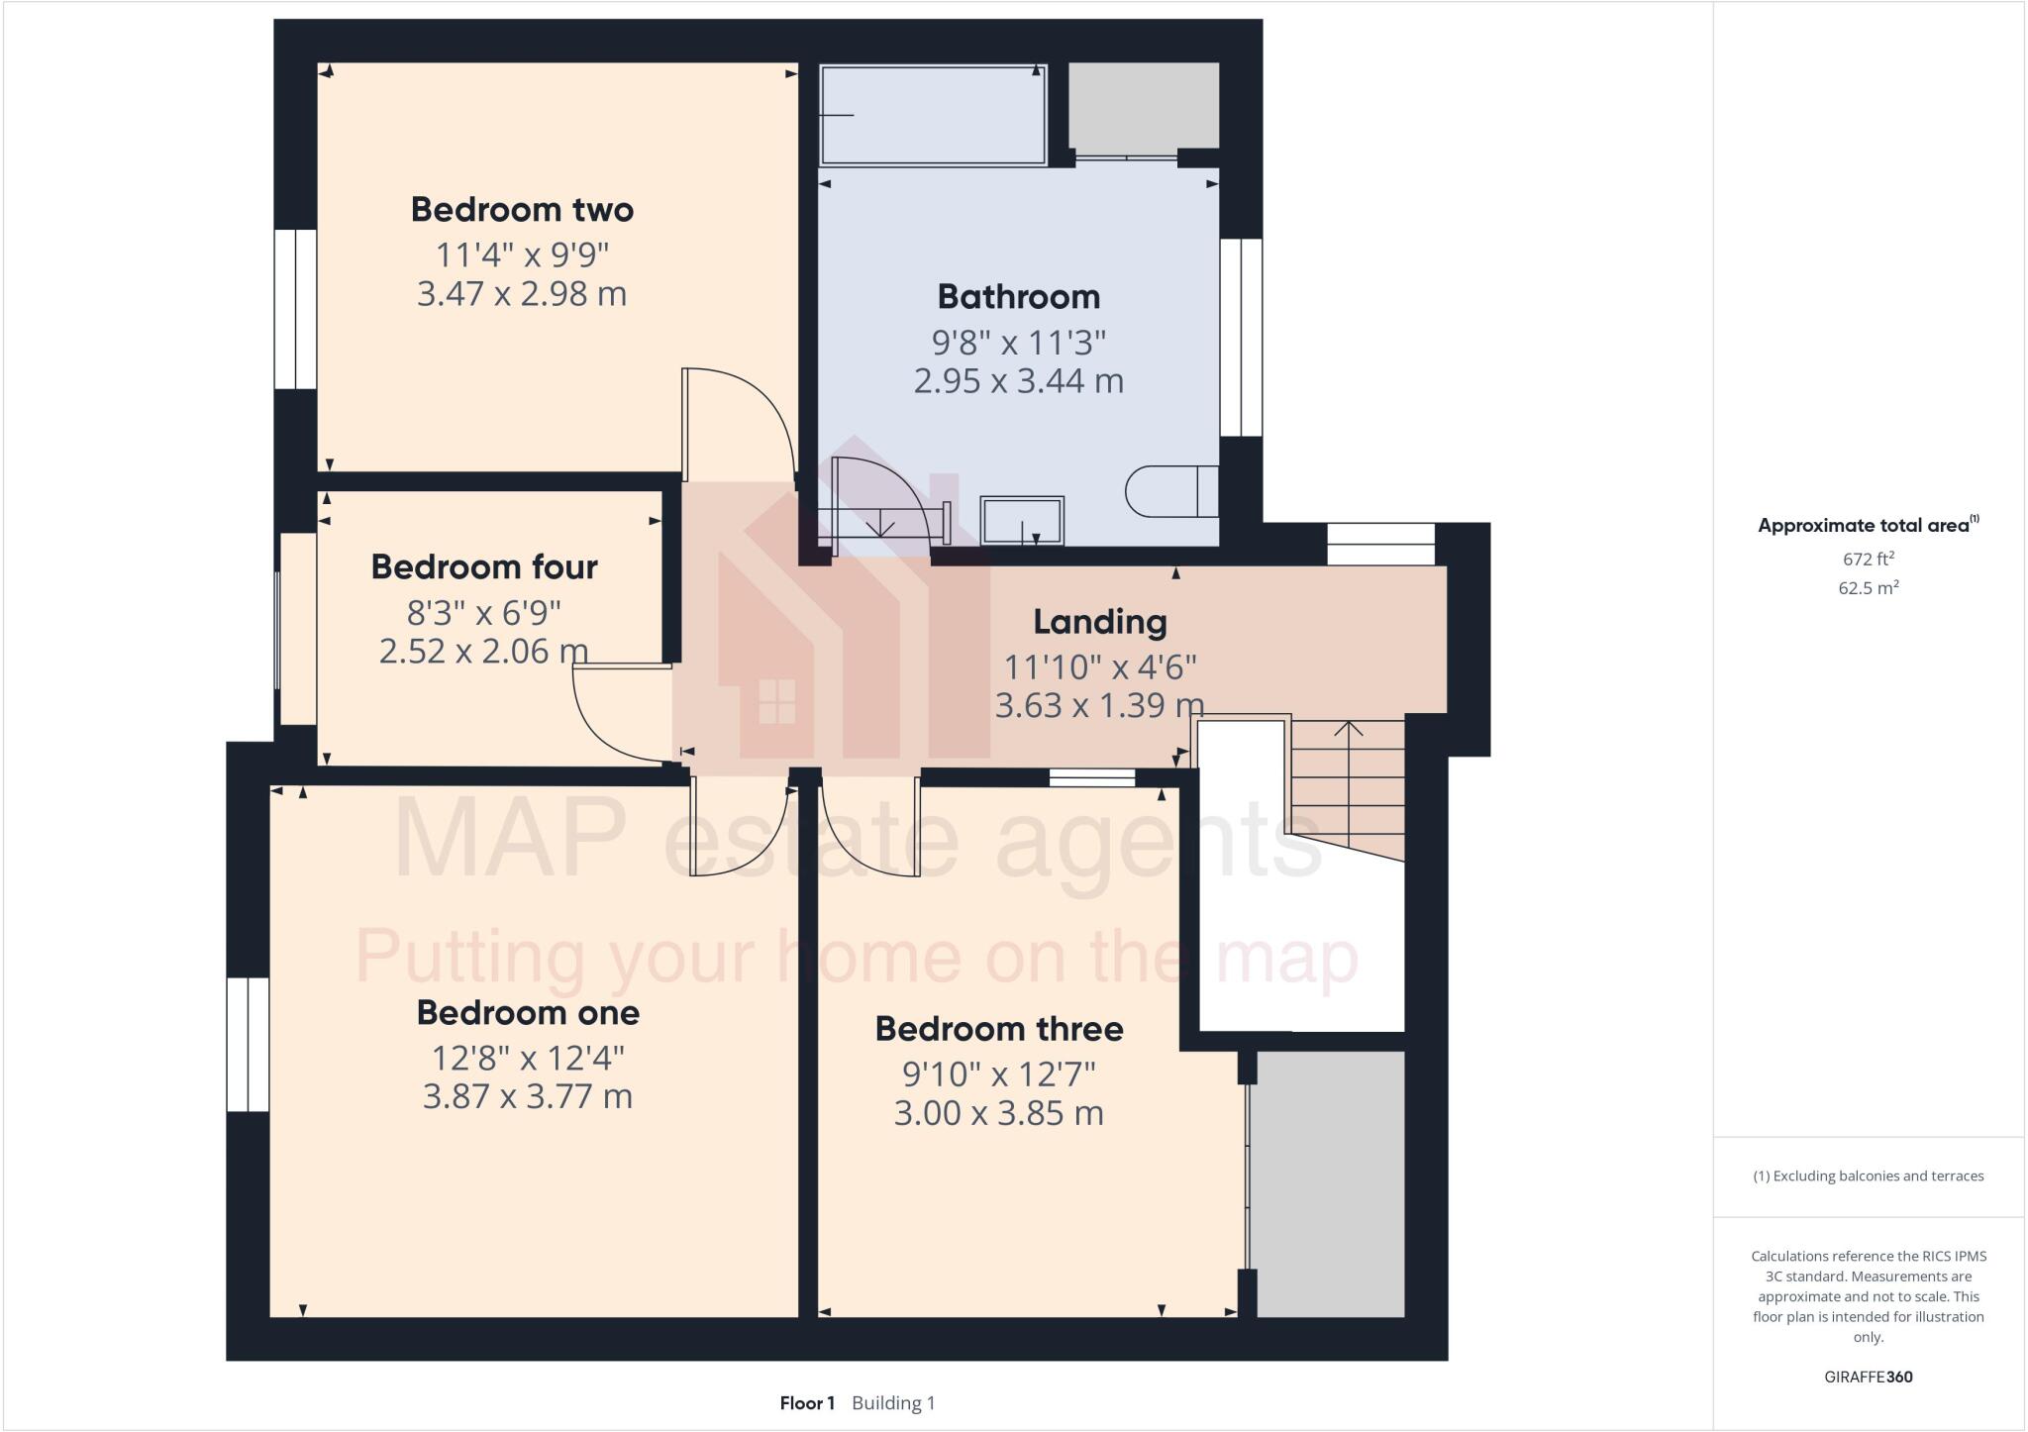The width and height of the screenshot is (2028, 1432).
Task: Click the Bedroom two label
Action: coord(522,210)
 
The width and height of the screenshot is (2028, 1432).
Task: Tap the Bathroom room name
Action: coord(1018,296)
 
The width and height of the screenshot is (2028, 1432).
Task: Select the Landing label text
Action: coord(1099,622)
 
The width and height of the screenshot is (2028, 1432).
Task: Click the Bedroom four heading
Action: coord(484,566)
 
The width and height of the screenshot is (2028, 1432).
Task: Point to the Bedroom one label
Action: coord(528,1012)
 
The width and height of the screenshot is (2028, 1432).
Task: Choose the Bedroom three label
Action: coord(998,1029)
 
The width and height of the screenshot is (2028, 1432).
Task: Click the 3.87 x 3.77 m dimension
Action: coord(528,1097)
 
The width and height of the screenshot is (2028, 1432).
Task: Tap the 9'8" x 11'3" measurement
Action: coord(1018,343)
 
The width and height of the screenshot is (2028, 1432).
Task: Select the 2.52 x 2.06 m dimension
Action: coord(484,652)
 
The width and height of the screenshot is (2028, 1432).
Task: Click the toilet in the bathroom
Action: coord(1168,491)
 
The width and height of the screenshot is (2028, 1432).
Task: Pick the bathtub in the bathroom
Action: coord(933,115)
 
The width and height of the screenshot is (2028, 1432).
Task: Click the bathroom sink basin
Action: coord(1022,520)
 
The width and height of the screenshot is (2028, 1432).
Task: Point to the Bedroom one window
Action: coord(248,1045)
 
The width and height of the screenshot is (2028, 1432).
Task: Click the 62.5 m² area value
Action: coord(1868,588)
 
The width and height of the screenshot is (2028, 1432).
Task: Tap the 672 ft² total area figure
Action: coord(1868,560)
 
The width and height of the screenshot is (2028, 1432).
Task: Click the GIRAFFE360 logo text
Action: coord(1868,1377)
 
